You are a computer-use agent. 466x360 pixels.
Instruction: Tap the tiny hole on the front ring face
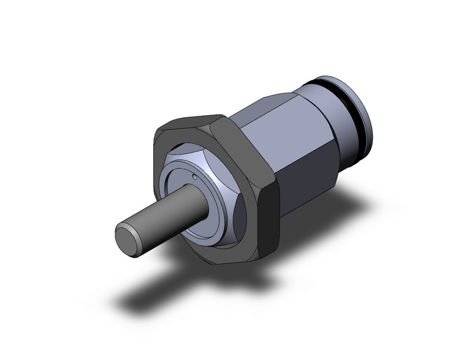(x=194, y=178)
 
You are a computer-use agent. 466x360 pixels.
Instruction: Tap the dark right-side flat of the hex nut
(x=267, y=202)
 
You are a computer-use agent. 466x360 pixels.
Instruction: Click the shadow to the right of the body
(x=343, y=209)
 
